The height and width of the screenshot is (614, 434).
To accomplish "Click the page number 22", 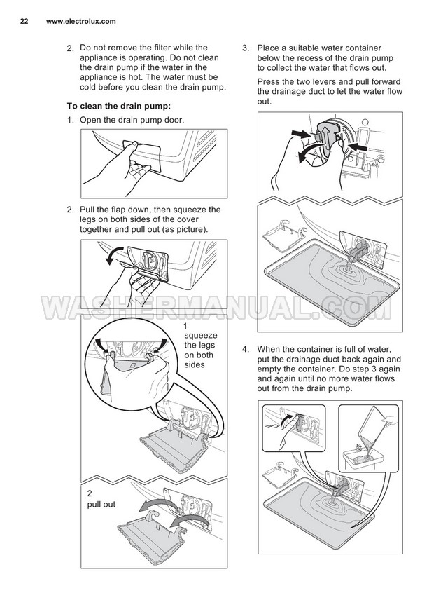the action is [x=24, y=22].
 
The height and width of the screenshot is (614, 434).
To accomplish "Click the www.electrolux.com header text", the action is [x=81, y=22].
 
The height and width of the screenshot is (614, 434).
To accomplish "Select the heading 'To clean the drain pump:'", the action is [x=119, y=106].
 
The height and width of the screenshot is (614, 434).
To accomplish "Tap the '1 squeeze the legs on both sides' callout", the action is [x=201, y=346].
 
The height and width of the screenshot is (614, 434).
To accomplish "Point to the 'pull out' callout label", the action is [x=101, y=505].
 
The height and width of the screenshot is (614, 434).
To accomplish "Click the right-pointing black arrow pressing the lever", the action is [x=302, y=134].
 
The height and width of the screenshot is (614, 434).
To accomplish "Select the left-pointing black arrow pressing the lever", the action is [x=356, y=147].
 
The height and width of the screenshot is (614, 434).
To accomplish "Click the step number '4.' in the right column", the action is [x=245, y=349].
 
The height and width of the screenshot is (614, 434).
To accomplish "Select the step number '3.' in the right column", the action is [x=245, y=48].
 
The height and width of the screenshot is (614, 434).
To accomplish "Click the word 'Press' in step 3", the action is [x=268, y=82].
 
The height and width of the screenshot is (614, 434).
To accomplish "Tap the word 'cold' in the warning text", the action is [x=88, y=87].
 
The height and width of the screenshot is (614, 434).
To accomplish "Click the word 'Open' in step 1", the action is [x=90, y=121].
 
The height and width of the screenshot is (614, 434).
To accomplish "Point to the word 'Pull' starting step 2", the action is [x=87, y=210].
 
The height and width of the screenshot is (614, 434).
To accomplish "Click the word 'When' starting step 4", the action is [x=268, y=349].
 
